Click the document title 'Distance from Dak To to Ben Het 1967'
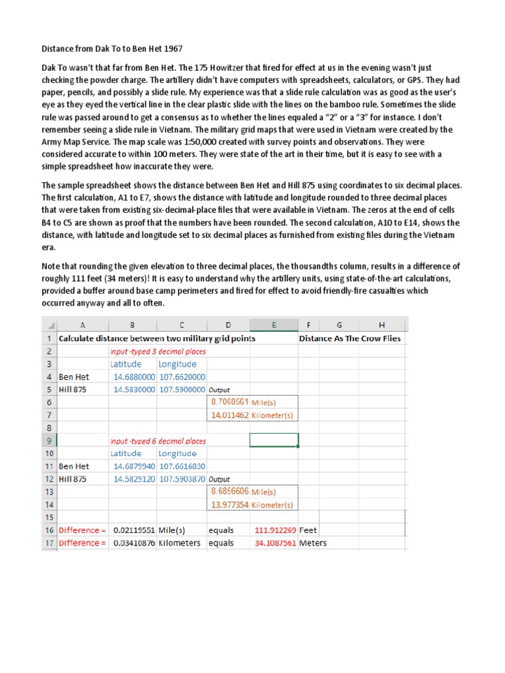112,49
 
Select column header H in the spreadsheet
381,325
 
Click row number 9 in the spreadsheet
49,440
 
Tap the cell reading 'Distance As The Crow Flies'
350,338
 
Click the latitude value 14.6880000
133,377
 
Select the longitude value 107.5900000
182,390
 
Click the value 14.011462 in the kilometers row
230,415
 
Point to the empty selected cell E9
274,440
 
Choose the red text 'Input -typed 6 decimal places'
158,441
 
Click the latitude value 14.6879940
133,467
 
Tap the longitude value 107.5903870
182,479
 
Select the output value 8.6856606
229,492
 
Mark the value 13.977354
230,505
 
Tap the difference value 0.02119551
133,530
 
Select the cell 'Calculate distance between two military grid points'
157,338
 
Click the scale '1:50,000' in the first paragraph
197,142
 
